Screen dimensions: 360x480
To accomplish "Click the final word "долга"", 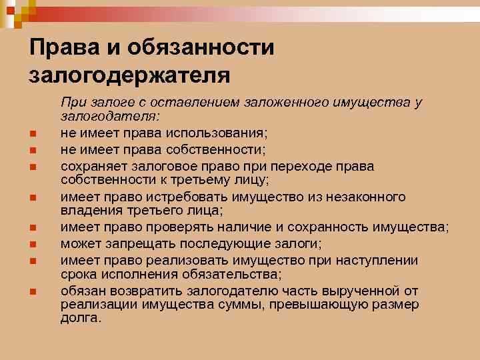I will tap(81, 319).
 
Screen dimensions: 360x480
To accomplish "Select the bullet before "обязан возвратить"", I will tap(32, 291).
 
